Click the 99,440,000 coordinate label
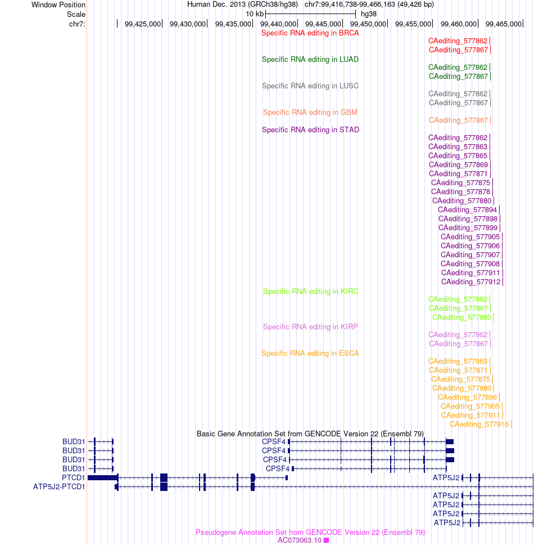(278, 24)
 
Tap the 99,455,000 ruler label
(413, 24)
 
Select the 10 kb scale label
(255, 14)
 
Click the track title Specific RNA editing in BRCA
(310, 33)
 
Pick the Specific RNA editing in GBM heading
(310, 112)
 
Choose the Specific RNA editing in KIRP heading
(310, 327)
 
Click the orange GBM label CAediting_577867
(458, 120)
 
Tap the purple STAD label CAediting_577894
(467, 209)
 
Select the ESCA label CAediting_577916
(479, 424)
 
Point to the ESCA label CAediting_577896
(467, 397)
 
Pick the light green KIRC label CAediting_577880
(462, 318)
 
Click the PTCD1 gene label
(73, 477)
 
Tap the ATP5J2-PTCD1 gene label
(59, 486)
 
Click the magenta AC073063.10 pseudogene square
(326, 540)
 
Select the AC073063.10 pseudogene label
(300, 540)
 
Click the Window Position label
(58, 5)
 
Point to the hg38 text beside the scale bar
(369, 14)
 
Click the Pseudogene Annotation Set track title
(310, 532)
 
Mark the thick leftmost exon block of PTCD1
(103, 477)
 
